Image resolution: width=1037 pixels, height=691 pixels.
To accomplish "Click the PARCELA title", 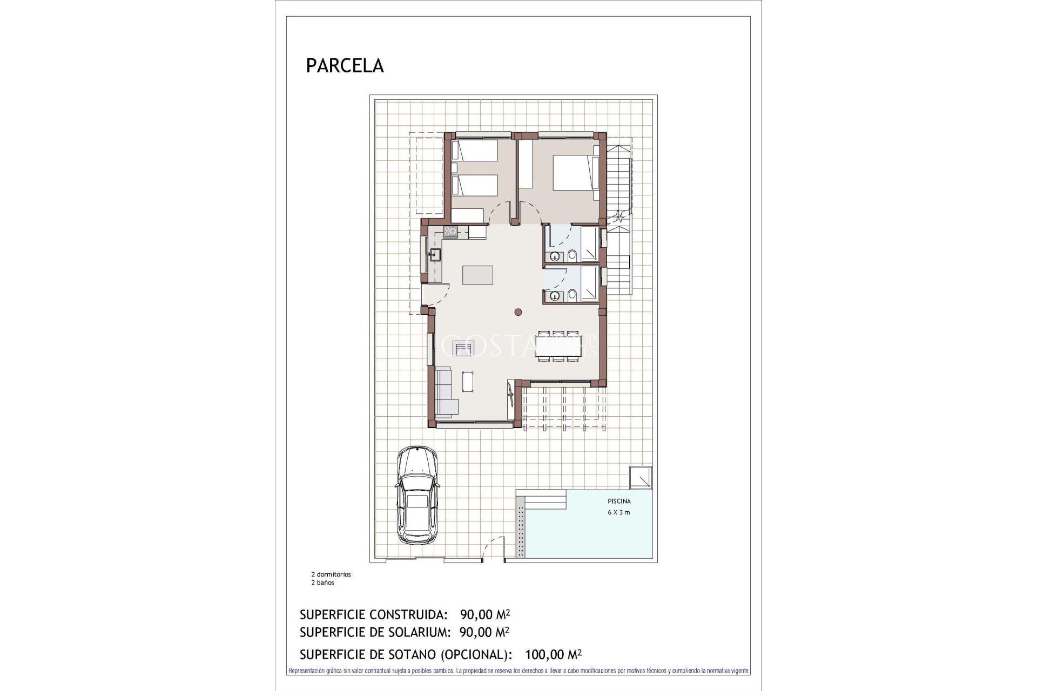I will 345,65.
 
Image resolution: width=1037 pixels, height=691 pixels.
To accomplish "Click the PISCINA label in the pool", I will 619,501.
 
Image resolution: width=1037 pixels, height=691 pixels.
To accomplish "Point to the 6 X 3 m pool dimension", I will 619,512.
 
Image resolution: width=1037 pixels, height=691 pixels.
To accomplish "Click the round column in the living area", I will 518,311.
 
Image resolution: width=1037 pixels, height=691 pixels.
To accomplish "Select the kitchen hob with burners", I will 450,232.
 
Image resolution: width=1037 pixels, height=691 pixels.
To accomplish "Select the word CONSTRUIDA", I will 408,614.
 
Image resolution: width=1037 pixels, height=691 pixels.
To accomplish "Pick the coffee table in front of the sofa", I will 468,382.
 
